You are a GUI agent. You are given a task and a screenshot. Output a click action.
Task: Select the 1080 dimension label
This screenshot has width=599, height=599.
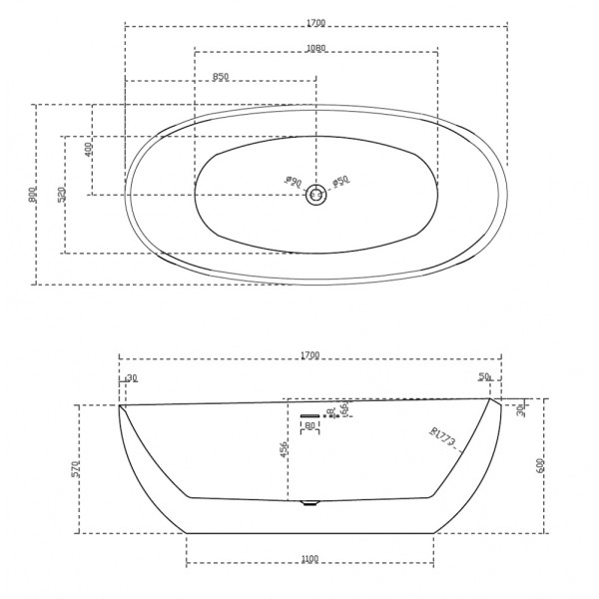(x=314, y=47)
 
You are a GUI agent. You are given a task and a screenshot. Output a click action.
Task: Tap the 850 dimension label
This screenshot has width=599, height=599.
(x=221, y=76)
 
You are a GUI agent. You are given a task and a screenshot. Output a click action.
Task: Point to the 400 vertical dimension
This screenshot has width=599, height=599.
(x=88, y=149)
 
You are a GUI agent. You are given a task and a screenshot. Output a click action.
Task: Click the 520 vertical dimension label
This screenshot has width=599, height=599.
(x=60, y=195)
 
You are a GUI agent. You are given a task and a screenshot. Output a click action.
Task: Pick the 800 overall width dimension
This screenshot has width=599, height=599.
(x=32, y=194)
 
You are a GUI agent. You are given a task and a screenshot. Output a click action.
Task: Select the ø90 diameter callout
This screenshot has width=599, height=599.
(x=293, y=181)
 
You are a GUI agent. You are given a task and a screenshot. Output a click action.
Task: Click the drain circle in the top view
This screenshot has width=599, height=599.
(x=316, y=195)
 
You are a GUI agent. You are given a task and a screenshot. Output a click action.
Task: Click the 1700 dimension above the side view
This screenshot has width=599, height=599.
(x=309, y=354)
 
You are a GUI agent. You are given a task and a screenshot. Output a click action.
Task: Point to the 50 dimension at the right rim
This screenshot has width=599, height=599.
(x=484, y=377)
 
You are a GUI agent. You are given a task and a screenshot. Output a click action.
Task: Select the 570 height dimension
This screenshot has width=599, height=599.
(x=76, y=469)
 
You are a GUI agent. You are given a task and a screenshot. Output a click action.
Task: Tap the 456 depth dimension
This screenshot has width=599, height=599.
(x=284, y=451)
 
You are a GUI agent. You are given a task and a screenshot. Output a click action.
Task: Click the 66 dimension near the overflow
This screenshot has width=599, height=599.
(x=344, y=408)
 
